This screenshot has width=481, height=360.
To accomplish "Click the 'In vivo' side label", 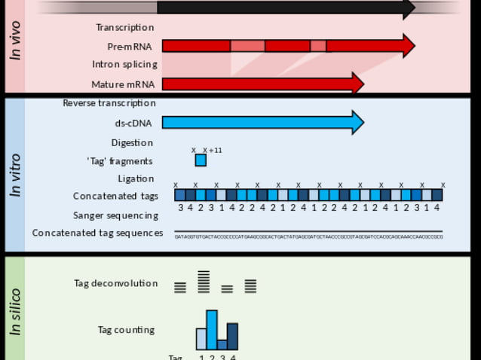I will (x=14, y=41).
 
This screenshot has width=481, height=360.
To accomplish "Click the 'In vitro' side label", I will (x=14, y=175).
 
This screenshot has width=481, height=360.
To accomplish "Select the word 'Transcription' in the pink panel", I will (x=124, y=28).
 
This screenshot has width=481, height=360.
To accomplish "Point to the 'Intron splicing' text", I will (x=124, y=65).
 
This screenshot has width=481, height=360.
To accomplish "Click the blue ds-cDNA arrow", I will (x=256, y=122).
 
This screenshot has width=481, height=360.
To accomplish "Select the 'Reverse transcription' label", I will (x=109, y=103).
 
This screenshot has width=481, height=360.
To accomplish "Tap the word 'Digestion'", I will (x=132, y=143).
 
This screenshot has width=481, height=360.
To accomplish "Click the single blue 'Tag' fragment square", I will (x=201, y=160).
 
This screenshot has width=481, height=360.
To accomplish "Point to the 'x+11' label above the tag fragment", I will (x=213, y=151).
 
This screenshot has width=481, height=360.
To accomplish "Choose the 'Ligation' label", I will (x=136, y=178).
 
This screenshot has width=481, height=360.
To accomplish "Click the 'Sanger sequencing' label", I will (x=115, y=215).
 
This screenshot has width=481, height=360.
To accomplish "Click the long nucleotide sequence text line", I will (x=308, y=236).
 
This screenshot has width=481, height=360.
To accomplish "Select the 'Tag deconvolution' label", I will (x=115, y=284).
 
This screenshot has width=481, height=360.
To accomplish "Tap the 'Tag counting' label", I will (x=126, y=330).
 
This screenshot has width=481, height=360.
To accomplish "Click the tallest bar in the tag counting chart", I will (x=212, y=330).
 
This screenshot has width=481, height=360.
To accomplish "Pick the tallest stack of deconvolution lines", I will (x=204, y=282).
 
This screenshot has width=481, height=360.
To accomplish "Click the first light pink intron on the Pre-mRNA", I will (x=247, y=46).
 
